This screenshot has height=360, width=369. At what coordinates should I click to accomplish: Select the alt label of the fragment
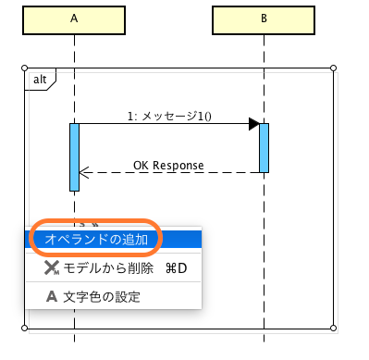point(40,80)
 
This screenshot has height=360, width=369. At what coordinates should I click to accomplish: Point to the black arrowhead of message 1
point(253,124)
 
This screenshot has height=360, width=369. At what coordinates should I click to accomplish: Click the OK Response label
point(168,165)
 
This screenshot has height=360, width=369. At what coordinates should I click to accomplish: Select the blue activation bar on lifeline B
point(264,147)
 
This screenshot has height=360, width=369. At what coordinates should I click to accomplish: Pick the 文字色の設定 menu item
point(102,297)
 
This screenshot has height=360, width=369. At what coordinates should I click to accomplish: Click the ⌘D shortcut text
point(176,268)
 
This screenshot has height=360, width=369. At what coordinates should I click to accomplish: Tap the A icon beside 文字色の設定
point(52,297)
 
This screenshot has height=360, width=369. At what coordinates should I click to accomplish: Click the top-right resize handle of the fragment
point(333,68)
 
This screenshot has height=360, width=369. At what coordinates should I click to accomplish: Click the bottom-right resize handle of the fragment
point(333,328)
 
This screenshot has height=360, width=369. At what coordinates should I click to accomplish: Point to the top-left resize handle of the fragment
point(23,68)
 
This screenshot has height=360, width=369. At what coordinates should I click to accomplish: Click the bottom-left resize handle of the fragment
point(23,328)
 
